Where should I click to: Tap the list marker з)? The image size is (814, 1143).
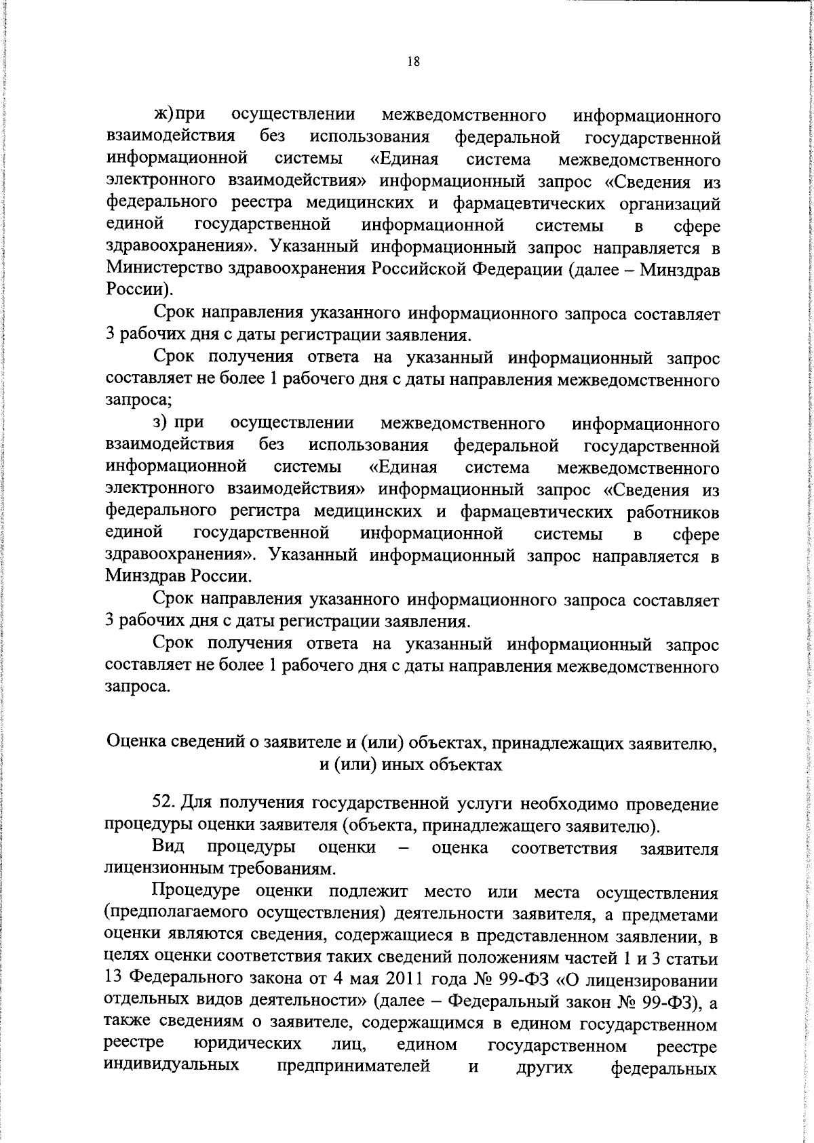160,422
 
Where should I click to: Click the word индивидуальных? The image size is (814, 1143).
171,1067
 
